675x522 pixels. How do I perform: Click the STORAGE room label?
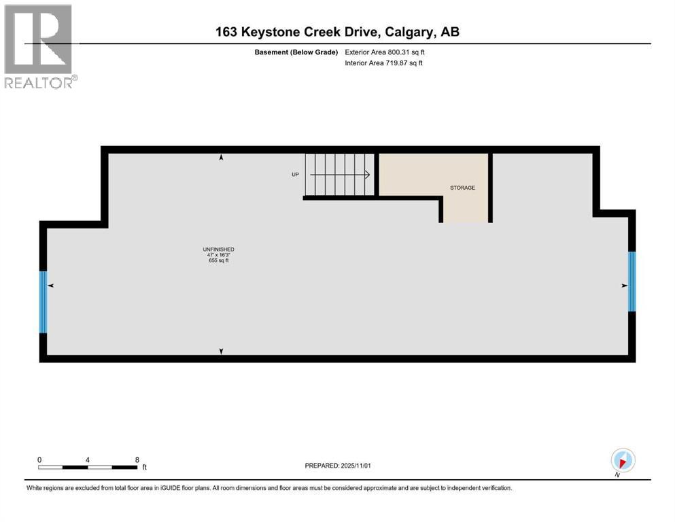click(x=462, y=188)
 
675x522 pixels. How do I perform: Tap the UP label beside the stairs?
click(x=295, y=175)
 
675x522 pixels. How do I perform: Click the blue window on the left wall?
click(x=44, y=302)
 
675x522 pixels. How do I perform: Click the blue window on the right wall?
click(x=631, y=281)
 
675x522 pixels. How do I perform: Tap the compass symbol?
click(x=623, y=459)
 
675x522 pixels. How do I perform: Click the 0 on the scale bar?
click(x=39, y=459)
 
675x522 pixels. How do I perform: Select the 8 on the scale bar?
click(x=137, y=459)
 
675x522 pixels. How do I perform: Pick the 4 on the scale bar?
click(x=88, y=459)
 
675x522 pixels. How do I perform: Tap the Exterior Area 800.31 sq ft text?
click(x=385, y=52)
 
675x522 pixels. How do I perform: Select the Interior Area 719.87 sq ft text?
click(x=384, y=63)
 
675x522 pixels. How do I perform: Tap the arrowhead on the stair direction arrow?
click(x=367, y=175)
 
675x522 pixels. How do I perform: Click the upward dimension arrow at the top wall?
click(x=221, y=158)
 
